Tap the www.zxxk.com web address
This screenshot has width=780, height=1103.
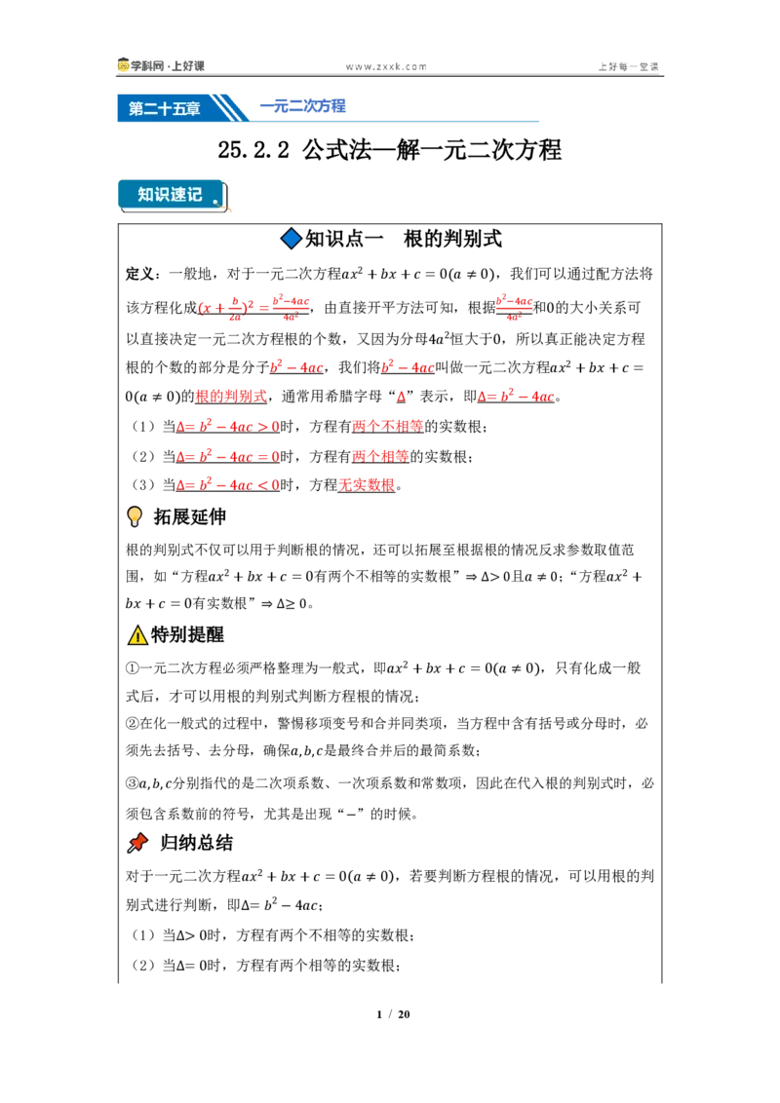[386, 67]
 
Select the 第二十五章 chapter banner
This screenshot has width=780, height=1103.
[164, 108]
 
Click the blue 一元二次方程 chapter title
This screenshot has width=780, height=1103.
[302, 106]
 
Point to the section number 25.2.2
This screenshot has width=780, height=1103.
[253, 150]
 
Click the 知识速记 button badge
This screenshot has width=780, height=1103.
[173, 195]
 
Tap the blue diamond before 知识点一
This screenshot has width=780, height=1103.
[291, 239]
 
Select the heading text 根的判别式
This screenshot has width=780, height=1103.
[452, 239]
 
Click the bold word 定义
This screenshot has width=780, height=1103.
[140, 274]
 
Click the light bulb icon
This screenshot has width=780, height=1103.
[135, 516]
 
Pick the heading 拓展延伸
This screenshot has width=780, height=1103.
[190, 517]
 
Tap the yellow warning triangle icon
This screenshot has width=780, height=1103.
[137, 635]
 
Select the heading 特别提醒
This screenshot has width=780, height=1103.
[188, 634]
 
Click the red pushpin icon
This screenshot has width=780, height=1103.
[137, 843]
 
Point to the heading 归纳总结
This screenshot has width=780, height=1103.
[196, 843]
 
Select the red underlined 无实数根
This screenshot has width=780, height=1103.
[367, 485]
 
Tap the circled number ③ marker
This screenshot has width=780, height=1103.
[133, 783]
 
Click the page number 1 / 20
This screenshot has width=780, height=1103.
[394, 1014]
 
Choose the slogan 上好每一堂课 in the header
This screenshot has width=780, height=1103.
[629, 67]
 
